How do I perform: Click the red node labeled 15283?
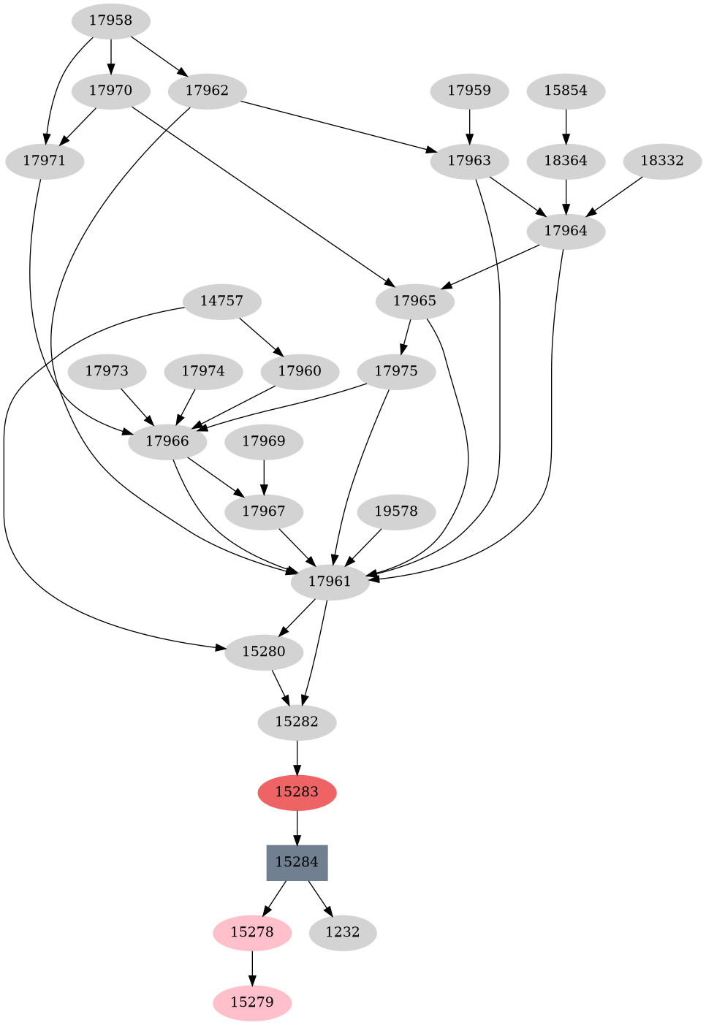297,792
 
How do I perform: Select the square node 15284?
297,862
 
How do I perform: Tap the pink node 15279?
252,1002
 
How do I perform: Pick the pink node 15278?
252,932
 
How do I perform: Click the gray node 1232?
343,932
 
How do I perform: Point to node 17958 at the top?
111,20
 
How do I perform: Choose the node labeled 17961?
330,582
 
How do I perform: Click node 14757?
221,301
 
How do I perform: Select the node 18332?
662,161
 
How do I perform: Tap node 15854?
566,91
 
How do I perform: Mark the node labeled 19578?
396,511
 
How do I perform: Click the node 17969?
264,441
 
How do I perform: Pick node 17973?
107,371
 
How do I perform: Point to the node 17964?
566,231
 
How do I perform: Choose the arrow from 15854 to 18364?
566,126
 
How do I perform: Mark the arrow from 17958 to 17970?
111,56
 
